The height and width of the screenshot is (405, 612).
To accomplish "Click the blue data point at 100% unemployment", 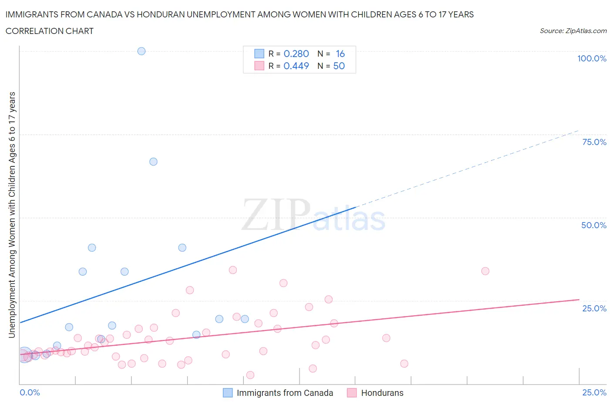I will [x=141, y=51].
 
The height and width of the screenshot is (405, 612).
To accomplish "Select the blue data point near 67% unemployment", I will [x=153, y=162].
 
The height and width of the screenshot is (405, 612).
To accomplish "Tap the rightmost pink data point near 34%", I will [x=485, y=271].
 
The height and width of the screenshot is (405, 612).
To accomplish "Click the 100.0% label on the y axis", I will [x=592, y=58].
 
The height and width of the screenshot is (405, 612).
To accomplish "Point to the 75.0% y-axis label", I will [x=594, y=142].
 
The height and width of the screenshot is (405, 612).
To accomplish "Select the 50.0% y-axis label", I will [x=594, y=225].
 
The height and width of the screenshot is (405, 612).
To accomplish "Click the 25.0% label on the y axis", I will [x=594, y=308].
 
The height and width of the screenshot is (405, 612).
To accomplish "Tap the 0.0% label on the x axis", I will [x=30, y=392].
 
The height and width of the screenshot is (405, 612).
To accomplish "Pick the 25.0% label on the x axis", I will [x=594, y=392].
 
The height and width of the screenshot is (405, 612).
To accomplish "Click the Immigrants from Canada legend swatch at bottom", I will [x=228, y=393].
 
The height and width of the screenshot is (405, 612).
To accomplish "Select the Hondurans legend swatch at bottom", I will [x=352, y=393].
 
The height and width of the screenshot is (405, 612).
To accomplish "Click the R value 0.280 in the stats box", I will [x=296, y=54].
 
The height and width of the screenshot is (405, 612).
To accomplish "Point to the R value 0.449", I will [x=296, y=66].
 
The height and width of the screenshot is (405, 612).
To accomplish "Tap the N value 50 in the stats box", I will [x=339, y=66].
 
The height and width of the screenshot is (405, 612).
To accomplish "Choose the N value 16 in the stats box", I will [x=340, y=54].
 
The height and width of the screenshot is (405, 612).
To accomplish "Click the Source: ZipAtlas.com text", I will [x=573, y=30].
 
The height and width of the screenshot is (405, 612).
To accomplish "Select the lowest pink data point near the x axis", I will [x=250, y=375].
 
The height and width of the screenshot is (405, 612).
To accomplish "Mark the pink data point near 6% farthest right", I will [x=404, y=364].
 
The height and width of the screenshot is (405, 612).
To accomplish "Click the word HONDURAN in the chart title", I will [x=161, y=14].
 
